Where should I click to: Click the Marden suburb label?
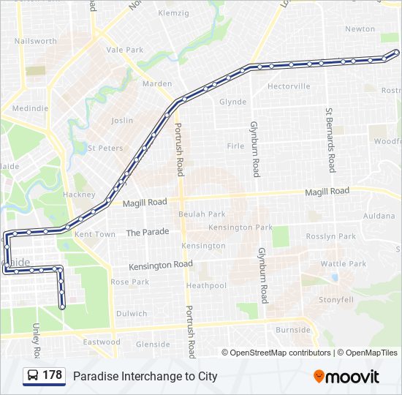pos(157,83)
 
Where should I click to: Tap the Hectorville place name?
pos(289,86)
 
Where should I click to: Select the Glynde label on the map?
pos(233,102)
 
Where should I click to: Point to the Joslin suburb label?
pos(122,120)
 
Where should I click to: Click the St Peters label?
pos(105,148)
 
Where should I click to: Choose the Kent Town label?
pos(95,235)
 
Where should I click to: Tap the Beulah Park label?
pos(202,214)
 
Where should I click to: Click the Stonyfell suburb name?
pos(336,300)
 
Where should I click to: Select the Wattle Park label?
pos(343,263)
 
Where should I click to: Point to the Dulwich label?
pos(132,314)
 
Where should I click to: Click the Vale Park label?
pos(125,50)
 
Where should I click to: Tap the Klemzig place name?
pos(172,13)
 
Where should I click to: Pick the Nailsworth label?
pos(35,42)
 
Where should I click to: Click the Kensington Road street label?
pos(161,264)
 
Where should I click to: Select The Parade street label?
pos(147,232)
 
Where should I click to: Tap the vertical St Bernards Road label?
pos(330,140)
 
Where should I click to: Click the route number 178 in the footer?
pos(53,375)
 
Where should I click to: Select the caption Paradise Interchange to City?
pos(145,377)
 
